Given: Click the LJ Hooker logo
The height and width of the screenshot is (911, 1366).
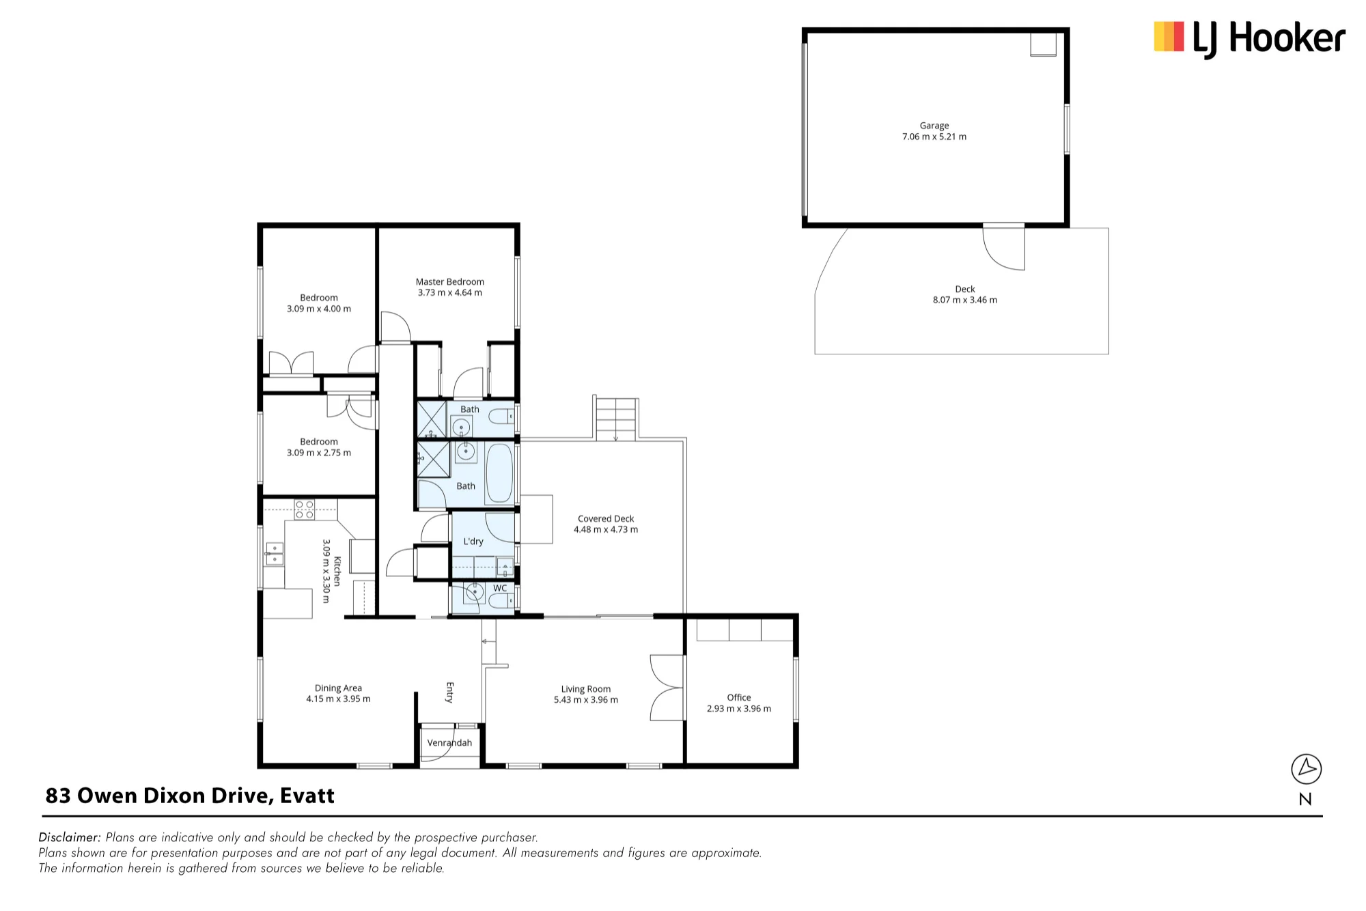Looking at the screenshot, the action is [x=1249, y=38].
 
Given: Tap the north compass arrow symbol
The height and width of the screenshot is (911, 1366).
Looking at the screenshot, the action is [x=1306, y=769].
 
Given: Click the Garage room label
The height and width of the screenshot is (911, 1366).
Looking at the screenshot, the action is [x=934, y=126].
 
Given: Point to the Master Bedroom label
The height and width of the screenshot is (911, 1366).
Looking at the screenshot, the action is [x=449, y=281].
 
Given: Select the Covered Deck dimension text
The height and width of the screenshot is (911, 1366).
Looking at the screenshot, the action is [x=606, y=529].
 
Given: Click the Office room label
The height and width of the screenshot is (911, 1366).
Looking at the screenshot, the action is [x=738, y=697].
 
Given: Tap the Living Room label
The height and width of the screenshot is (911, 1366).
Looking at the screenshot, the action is [x=586, y=689].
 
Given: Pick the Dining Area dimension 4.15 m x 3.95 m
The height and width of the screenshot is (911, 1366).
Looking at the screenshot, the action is [x=338, y=699].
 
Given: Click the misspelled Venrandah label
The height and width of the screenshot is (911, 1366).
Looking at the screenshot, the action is [x=449, y=742].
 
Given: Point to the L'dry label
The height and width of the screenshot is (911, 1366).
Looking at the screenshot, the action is [x=473, y=542].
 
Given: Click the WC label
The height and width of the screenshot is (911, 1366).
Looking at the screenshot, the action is [x=500, y=588].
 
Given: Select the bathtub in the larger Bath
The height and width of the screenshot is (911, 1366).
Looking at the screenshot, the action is [x=499, y=473].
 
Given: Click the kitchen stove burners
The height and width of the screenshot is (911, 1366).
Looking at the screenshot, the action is [x=305, y=509].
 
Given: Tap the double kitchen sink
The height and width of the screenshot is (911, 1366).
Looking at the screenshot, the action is [x=274, y=554].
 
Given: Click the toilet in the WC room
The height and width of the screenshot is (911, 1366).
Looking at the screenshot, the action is [x=501, y=601].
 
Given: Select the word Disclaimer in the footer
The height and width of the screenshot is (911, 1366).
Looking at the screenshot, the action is [x=70, y=837].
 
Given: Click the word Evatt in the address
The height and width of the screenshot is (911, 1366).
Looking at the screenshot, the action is [x=307, y=796].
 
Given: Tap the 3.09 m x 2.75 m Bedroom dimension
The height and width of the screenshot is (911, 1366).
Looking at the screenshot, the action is [x=319, y=453].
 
